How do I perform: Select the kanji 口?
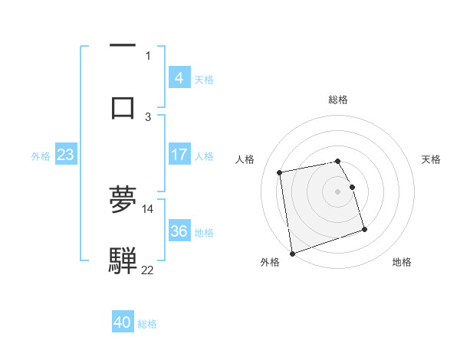pos(123,106)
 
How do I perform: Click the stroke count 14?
pos(148,208)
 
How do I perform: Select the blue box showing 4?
pos(179,78)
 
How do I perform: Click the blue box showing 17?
pos(179,155)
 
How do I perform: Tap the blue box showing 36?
pos(179,231)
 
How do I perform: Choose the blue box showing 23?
pos(65,155)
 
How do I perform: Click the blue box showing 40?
pos(123,322)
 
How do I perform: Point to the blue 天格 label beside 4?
pos(204,79)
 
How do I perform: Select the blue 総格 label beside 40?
pos(147,323)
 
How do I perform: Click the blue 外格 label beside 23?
pos(41,155)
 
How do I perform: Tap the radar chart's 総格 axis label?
pos(338,100)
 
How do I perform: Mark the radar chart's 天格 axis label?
pos(432,159)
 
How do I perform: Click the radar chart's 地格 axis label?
pos(402,262)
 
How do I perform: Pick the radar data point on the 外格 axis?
pos(292,252)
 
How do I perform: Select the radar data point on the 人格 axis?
pos(280,172)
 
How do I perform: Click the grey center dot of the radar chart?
pos(338,191)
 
